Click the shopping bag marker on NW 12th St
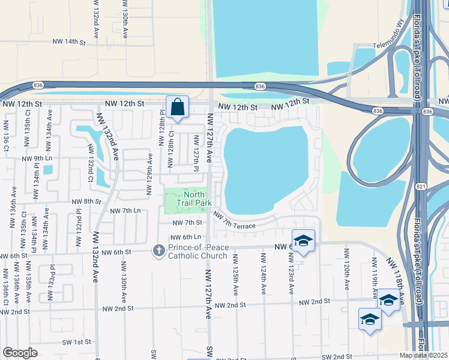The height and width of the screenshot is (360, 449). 178,107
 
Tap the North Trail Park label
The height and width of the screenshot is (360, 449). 194,199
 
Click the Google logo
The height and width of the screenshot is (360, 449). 20,353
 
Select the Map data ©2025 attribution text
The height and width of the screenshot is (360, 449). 424,355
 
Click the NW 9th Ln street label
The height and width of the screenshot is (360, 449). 37,159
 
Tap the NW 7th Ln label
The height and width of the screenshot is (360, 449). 125,211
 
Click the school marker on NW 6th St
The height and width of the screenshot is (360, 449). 303,241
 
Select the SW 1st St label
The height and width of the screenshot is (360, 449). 75,341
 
